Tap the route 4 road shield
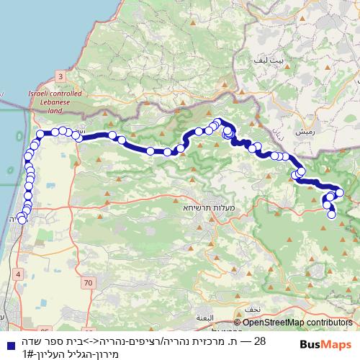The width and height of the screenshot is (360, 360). point(17,274)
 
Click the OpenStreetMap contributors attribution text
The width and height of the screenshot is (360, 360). point(297,323)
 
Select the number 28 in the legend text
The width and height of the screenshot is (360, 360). point(261,341)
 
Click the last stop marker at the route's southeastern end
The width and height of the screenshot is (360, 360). point(332,215)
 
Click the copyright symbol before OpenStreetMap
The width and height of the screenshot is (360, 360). point(238,323)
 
